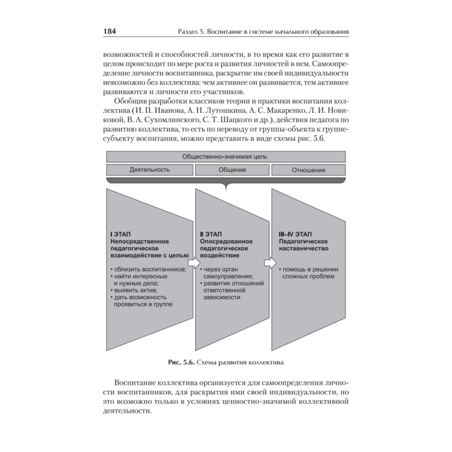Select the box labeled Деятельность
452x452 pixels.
point(150,170)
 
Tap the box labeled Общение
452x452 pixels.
point(232,170)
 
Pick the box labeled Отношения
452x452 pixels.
point(309,170)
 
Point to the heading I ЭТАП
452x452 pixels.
point(119,235)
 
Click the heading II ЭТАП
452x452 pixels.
point(211,235)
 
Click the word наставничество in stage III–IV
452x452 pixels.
point(303,249)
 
